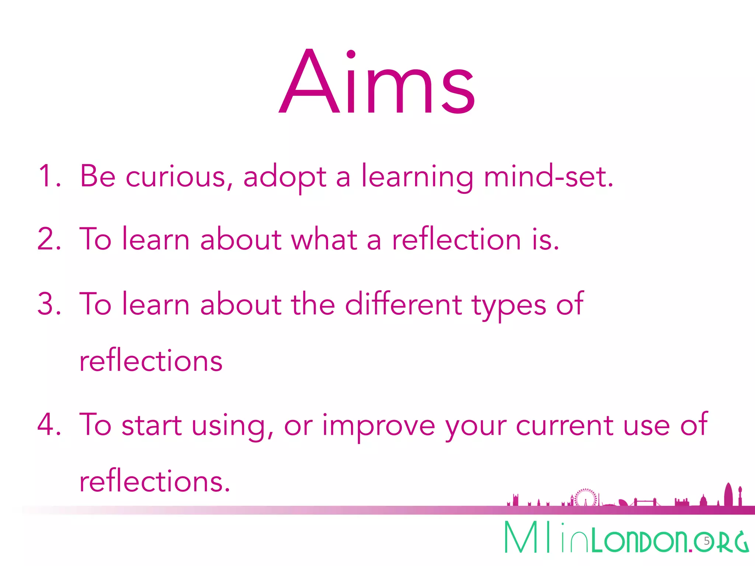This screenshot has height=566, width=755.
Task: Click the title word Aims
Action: (377, 83)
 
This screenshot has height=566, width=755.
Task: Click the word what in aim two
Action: (324, 240)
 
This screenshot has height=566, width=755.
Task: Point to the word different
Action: (403, 304)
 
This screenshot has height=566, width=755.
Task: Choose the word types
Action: (509, 306)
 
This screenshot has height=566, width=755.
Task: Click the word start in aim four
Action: (152, 425)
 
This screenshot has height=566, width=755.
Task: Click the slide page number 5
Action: (706, 541)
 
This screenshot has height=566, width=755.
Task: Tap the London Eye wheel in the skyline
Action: (586, 497)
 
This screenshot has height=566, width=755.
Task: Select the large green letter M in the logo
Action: (521, 537)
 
